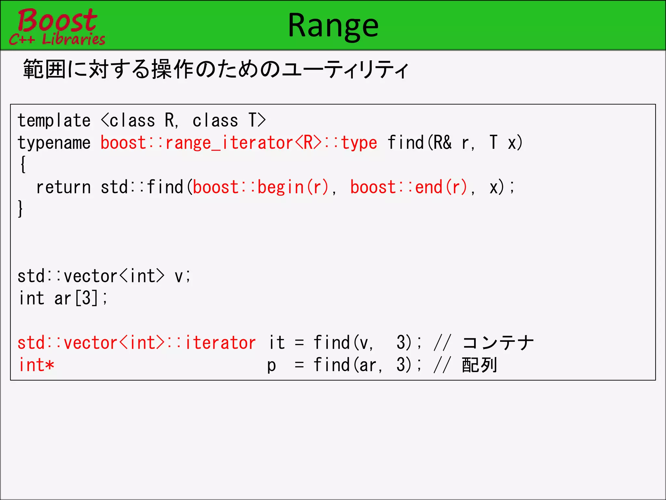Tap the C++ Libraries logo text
[x=57, y=39]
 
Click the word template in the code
[x=54, y=121]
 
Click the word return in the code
[x=63, y=187]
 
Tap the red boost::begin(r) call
[x=260, y=187]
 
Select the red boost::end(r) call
[x=408, y=187]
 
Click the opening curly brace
[x=23, y=165]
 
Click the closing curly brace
[x=20, y=209]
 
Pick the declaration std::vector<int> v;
[x=104, y=276]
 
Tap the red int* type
[x=36, y=365]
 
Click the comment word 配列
[x=479, y=365]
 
